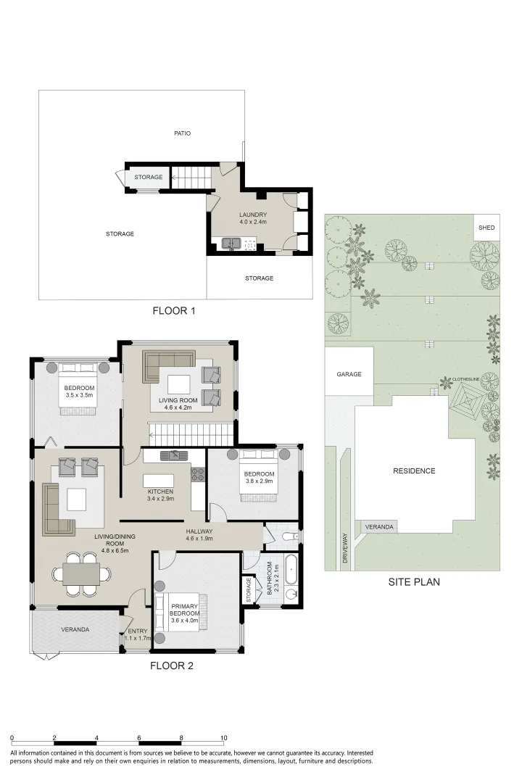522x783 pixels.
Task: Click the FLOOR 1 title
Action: pos(174,311)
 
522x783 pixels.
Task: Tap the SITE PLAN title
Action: pos(414,581)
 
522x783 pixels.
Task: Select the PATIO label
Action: pos(182,133)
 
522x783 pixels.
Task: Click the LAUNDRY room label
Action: pos(254,215)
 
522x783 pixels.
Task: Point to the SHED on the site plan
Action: pos(486,228)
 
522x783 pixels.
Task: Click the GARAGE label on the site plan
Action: pos(349,375)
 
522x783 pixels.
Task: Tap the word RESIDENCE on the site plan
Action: pos(414,471)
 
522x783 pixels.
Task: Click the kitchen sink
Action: pos(174,456)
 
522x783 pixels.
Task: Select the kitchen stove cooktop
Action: pos(198,475)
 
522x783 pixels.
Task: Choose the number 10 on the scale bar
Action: pos(224,737)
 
